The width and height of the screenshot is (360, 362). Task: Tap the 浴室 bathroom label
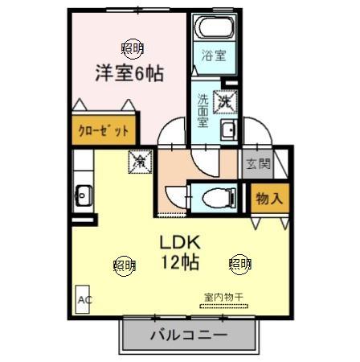pyautogui.click(x=214, y=58)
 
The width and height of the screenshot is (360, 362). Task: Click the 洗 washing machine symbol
pyautogui.click(x=225, y=101)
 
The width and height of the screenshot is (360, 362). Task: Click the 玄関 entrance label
pyautogui.click(x=258, y=165)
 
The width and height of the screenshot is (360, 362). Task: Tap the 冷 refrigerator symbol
pyautogui.click(x=138, y=161)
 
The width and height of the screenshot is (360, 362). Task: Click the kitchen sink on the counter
pyautogui.click(x=83, y=194)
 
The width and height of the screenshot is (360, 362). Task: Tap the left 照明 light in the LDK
pyautogui.click(x=125, y=263)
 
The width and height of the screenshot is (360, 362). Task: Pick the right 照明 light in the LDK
pyautogui.click(x=239, y=263)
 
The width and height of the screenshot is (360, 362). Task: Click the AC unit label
pyautogui.click(x=83, y=300)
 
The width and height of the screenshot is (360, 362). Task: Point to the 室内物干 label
pyautogui.click(x=223, y=297)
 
